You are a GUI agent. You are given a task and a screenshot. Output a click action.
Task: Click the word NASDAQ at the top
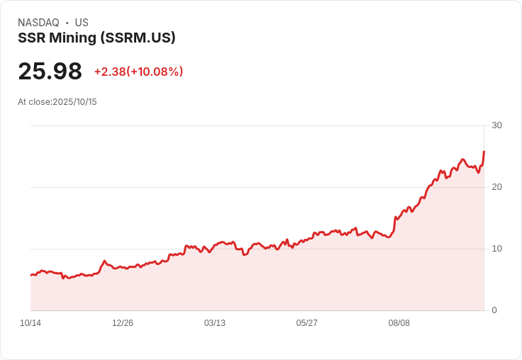pyautogui.click(x=38, y=23)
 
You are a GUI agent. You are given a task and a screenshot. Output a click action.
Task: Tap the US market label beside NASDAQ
pyautogui.click(x=82, y=23)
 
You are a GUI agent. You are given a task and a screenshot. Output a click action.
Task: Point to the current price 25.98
pyautogui.click(x=50, y=72)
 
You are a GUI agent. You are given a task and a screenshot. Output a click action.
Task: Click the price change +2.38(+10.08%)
pyautogui.click(x=138, y=72)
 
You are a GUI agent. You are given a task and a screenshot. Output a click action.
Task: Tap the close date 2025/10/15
pyautogui.click(x=74, y=102)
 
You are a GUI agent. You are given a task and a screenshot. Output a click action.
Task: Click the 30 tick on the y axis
pyautogui.click(x=496, y=125)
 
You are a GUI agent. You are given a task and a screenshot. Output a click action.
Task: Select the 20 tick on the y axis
pyautogui.click(x=496, y=187)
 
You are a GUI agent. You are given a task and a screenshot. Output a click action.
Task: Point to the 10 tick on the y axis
pyautogui.click(x=496, y=249)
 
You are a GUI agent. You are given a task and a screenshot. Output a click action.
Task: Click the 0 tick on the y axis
pyautogui.click(x=494, y=310)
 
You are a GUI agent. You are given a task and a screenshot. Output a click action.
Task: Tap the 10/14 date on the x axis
pyautogui.click(x=30, y=323)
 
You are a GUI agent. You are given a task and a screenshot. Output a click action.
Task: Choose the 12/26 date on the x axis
pyautogui.click(x=123, y=323)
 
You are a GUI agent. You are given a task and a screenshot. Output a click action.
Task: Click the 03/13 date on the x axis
pyautogui.click(x=215, y=323)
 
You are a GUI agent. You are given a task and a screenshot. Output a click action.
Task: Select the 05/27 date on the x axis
pyautogui.click(x=307, y=323)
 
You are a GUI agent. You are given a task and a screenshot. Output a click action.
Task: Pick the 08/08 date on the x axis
pyautogui.click(x=399, y=323)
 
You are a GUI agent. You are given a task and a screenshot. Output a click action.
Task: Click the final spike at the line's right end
pyautogui.click(x=484, y=152)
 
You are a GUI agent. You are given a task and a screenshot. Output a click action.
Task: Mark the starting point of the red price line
pyautogui.click(x=31, y=274)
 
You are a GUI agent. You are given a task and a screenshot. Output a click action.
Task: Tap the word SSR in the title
pyautogui.click(x=31, y=38)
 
